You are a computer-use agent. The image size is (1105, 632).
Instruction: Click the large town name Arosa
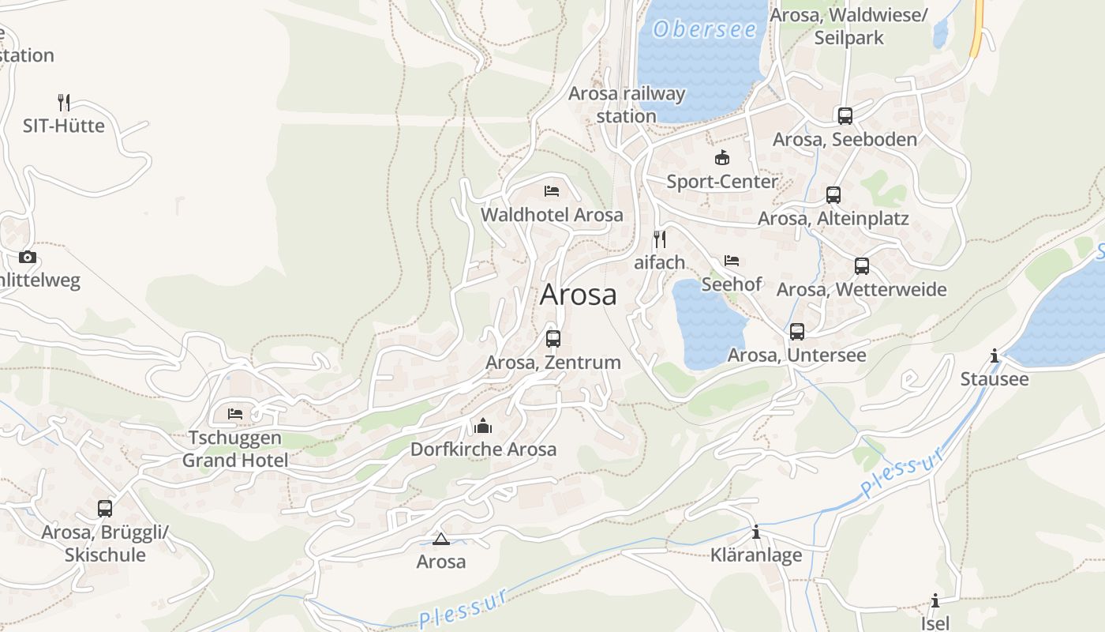[x=578, y=295]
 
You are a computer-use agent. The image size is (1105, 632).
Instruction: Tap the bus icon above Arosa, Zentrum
[x=553, y=339]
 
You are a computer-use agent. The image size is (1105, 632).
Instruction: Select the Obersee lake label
[x=705, y=30]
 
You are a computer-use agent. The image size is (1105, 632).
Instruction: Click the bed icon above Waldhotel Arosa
[x=552, y=191]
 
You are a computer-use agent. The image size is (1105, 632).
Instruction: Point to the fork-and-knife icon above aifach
[x=660, y=239]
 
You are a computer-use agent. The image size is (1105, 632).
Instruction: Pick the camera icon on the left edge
[x=28, y=257]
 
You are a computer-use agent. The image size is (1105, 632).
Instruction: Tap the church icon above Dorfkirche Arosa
[x=483, y=427]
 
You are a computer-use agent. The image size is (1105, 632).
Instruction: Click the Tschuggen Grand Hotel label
[x=235, y=449]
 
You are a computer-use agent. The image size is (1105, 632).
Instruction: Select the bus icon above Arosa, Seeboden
[x=845, y=116]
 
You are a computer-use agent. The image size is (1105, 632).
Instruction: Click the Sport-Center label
[x=722, y=182]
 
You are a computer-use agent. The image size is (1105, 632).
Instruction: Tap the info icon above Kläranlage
[x=756, y=532]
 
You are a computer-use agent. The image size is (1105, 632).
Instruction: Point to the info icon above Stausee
[x=994, y=355]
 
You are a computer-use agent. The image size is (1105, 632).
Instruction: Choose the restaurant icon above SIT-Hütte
[x=64, y=102]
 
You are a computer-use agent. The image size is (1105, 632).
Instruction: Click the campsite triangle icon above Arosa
[x=441, y=540]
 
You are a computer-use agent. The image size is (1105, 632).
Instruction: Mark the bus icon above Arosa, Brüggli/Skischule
[x=105, y=509]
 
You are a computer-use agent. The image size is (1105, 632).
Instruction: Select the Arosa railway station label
[x=627, y=104]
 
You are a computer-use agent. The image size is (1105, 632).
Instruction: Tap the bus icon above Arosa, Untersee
[x=797, y=332]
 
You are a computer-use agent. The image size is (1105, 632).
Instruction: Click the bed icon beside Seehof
[x=732, y=261]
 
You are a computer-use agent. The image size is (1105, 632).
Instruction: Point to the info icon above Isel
[x=935, y=600]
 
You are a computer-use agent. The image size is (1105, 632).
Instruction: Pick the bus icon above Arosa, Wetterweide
[x=862, y=266]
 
